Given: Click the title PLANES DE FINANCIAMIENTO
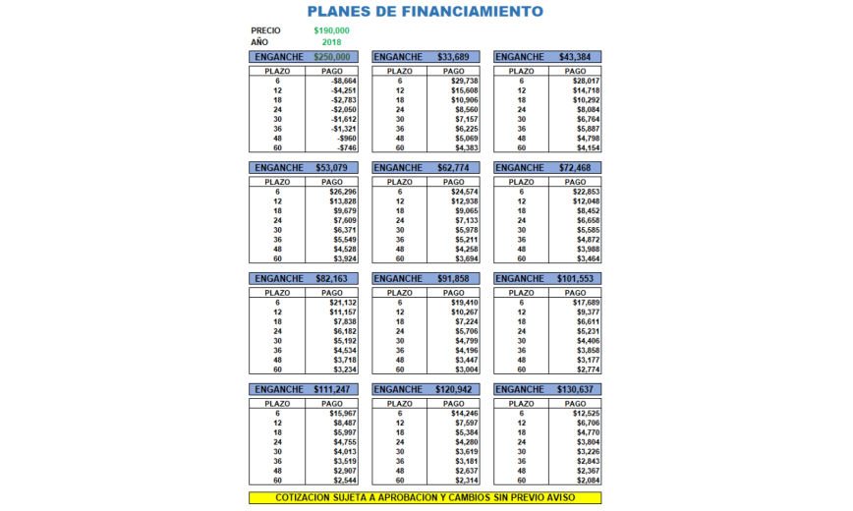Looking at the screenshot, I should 426,13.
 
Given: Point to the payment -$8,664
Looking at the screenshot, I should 342,82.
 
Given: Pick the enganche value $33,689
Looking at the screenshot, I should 452,57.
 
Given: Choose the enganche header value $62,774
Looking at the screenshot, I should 452,168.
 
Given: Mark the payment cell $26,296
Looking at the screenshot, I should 342,193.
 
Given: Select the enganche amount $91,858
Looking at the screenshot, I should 452,279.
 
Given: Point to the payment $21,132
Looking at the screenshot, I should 342,304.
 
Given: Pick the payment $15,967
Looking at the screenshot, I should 342,415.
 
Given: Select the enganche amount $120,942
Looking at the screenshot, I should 452,390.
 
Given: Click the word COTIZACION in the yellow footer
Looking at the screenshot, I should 306,497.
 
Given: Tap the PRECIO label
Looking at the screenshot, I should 265,30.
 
